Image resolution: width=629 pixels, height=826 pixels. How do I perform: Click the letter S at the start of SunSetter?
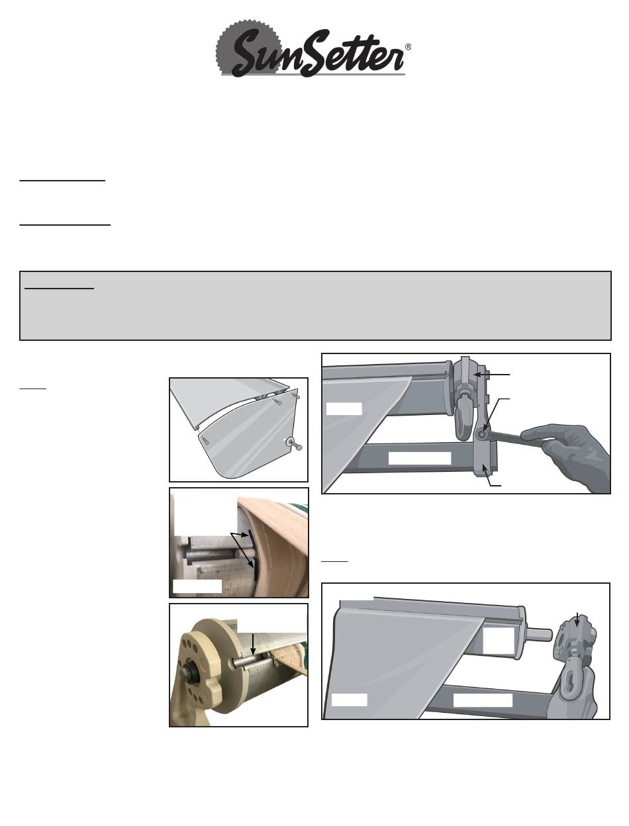coord(249,54)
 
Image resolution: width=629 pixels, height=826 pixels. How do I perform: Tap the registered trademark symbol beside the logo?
coord(408,47)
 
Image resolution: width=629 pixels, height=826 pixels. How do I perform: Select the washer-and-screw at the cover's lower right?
coord(294,443)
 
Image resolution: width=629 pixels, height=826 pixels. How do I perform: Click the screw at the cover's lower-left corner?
coord(205,439)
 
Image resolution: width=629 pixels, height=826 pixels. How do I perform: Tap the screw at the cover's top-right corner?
coord(297,396)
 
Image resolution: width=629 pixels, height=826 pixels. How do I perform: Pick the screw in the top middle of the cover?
coord(277,402)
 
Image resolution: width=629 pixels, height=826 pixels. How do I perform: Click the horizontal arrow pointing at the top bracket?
coord(491,375)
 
